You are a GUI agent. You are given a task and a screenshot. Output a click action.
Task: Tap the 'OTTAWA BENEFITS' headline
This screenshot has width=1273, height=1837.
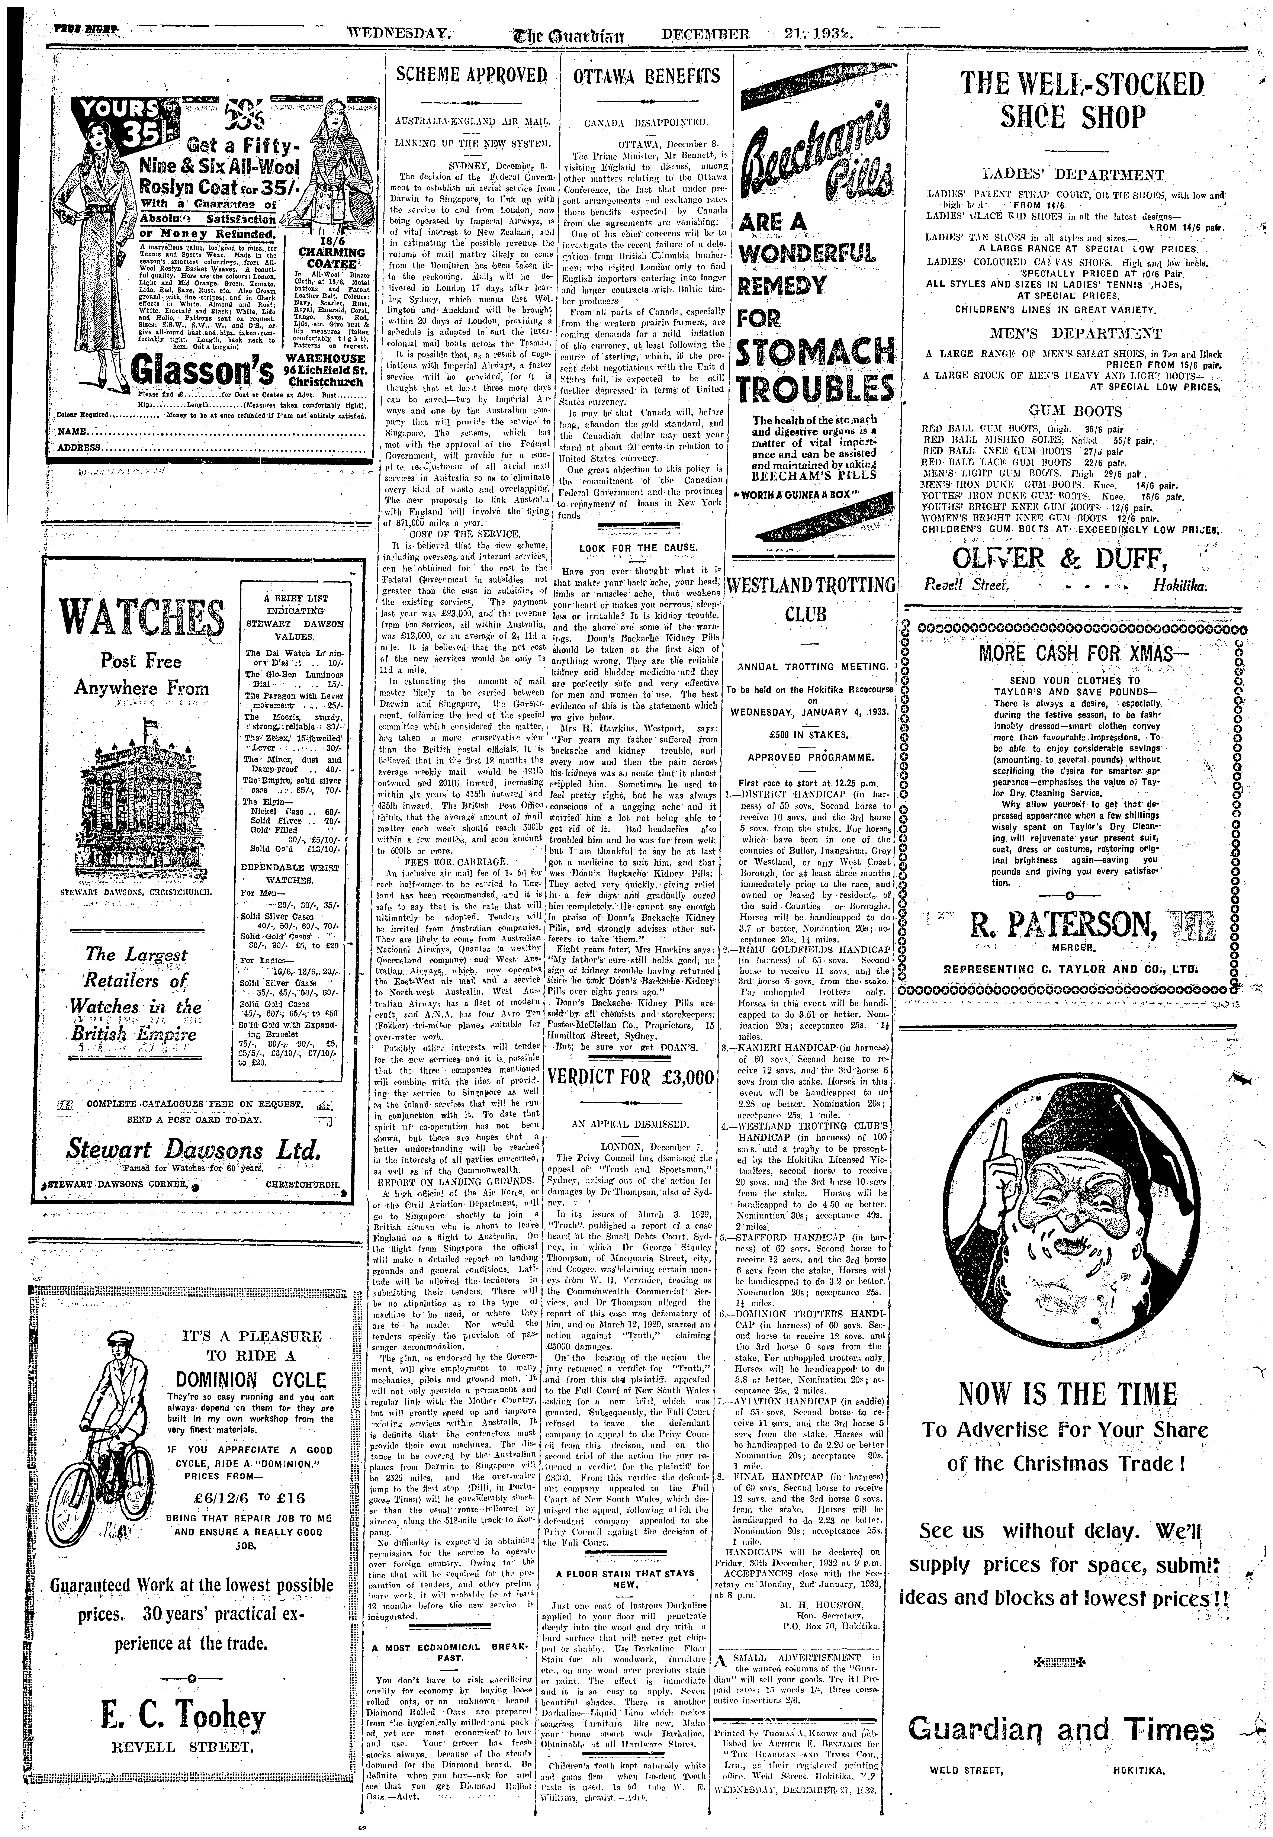646,77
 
